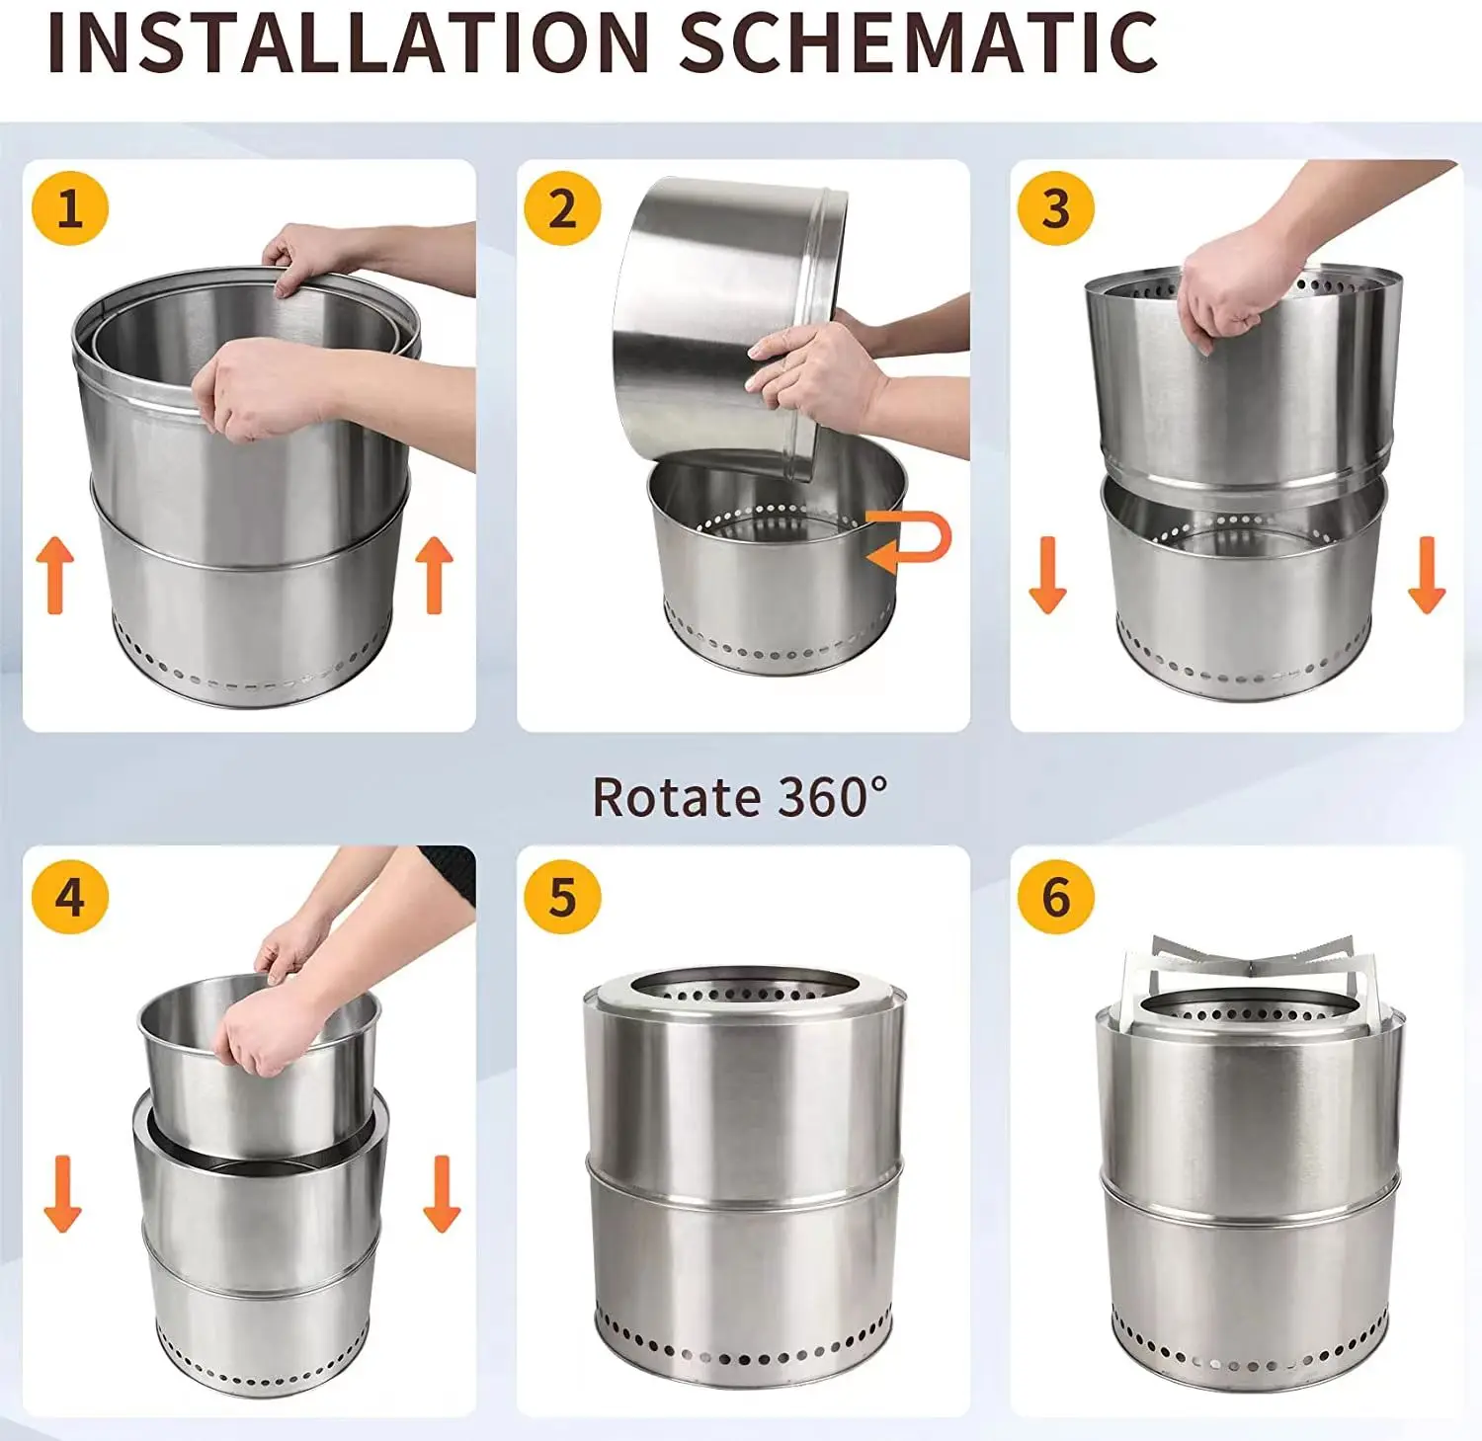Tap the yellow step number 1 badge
(x=69, y=208)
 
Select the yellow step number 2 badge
(x=562, y=208)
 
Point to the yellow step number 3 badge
(x=1055, y=208)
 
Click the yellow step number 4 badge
(x=69, y=897)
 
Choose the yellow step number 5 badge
(x=562, y=897)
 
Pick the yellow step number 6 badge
(x=1055, y=897)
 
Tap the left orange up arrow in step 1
(x=55, y=576)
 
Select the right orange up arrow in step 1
(x=434, y=576)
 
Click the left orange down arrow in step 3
(x=1047, y=576)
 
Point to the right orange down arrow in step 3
(x=1426, y=576)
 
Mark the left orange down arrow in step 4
(x=62, y=1193)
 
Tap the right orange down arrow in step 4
(x=442, y=1193)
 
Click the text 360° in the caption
(x=833, y=796)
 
